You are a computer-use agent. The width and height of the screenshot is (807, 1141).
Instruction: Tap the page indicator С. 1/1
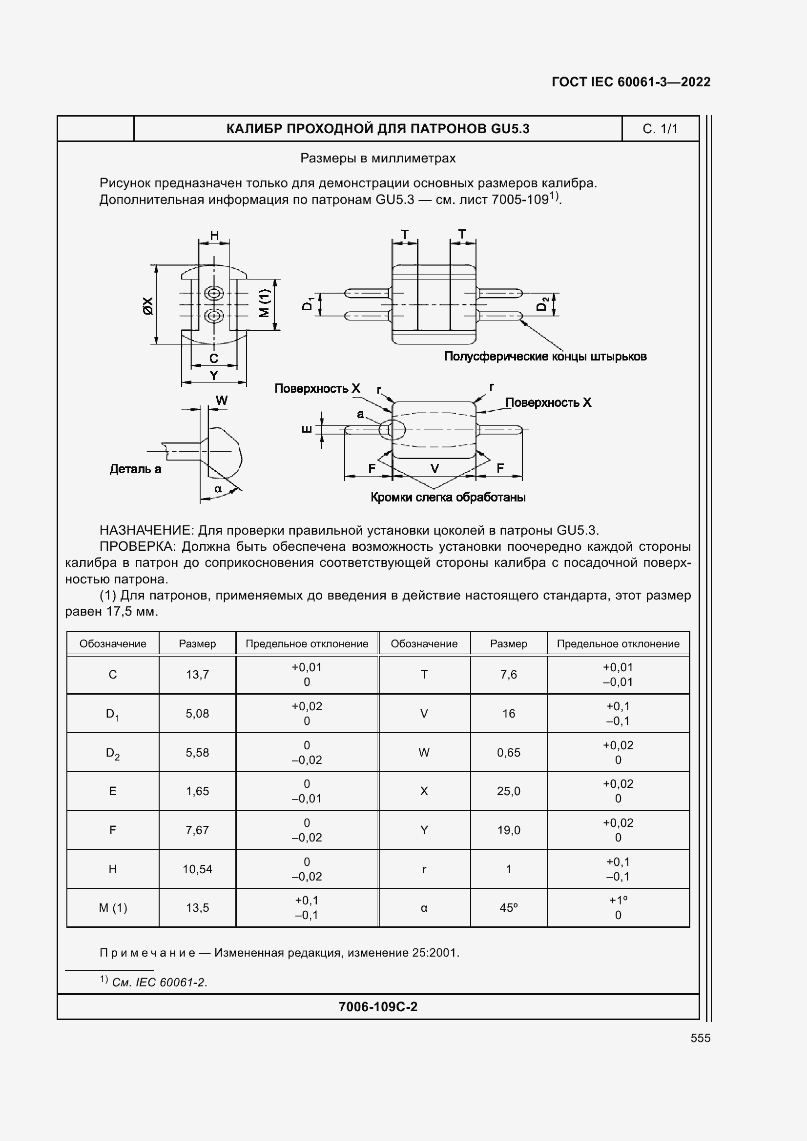coord(660,129)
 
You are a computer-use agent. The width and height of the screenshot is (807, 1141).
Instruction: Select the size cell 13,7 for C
coord(197,674)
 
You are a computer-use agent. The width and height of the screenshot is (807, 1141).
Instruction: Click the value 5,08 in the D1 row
coord(197,713)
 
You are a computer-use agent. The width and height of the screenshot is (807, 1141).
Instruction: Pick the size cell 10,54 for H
coord(197,869)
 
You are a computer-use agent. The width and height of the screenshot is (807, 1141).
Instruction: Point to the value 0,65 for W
coord(508,752)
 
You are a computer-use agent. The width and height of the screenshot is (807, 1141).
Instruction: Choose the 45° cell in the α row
coord(508,907)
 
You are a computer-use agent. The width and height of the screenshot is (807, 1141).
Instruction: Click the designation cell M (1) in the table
coord(113,907)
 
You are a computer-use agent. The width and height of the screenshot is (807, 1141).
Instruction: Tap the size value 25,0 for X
coord(508,791)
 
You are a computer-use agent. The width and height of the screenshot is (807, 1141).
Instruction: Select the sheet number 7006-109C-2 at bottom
coord(378,1006)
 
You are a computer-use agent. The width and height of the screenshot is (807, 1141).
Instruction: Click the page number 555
coord(700,1038)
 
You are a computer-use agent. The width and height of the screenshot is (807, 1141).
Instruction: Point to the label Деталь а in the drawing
coord(135,469)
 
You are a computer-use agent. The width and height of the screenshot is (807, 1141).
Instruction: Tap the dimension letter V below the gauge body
coord(435,469)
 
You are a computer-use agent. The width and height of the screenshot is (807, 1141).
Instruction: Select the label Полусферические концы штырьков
coord(545,356)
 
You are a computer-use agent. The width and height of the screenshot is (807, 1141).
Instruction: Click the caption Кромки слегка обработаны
coord(448,498)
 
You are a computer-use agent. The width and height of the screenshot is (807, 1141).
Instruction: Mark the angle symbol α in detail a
coord(218,489)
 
